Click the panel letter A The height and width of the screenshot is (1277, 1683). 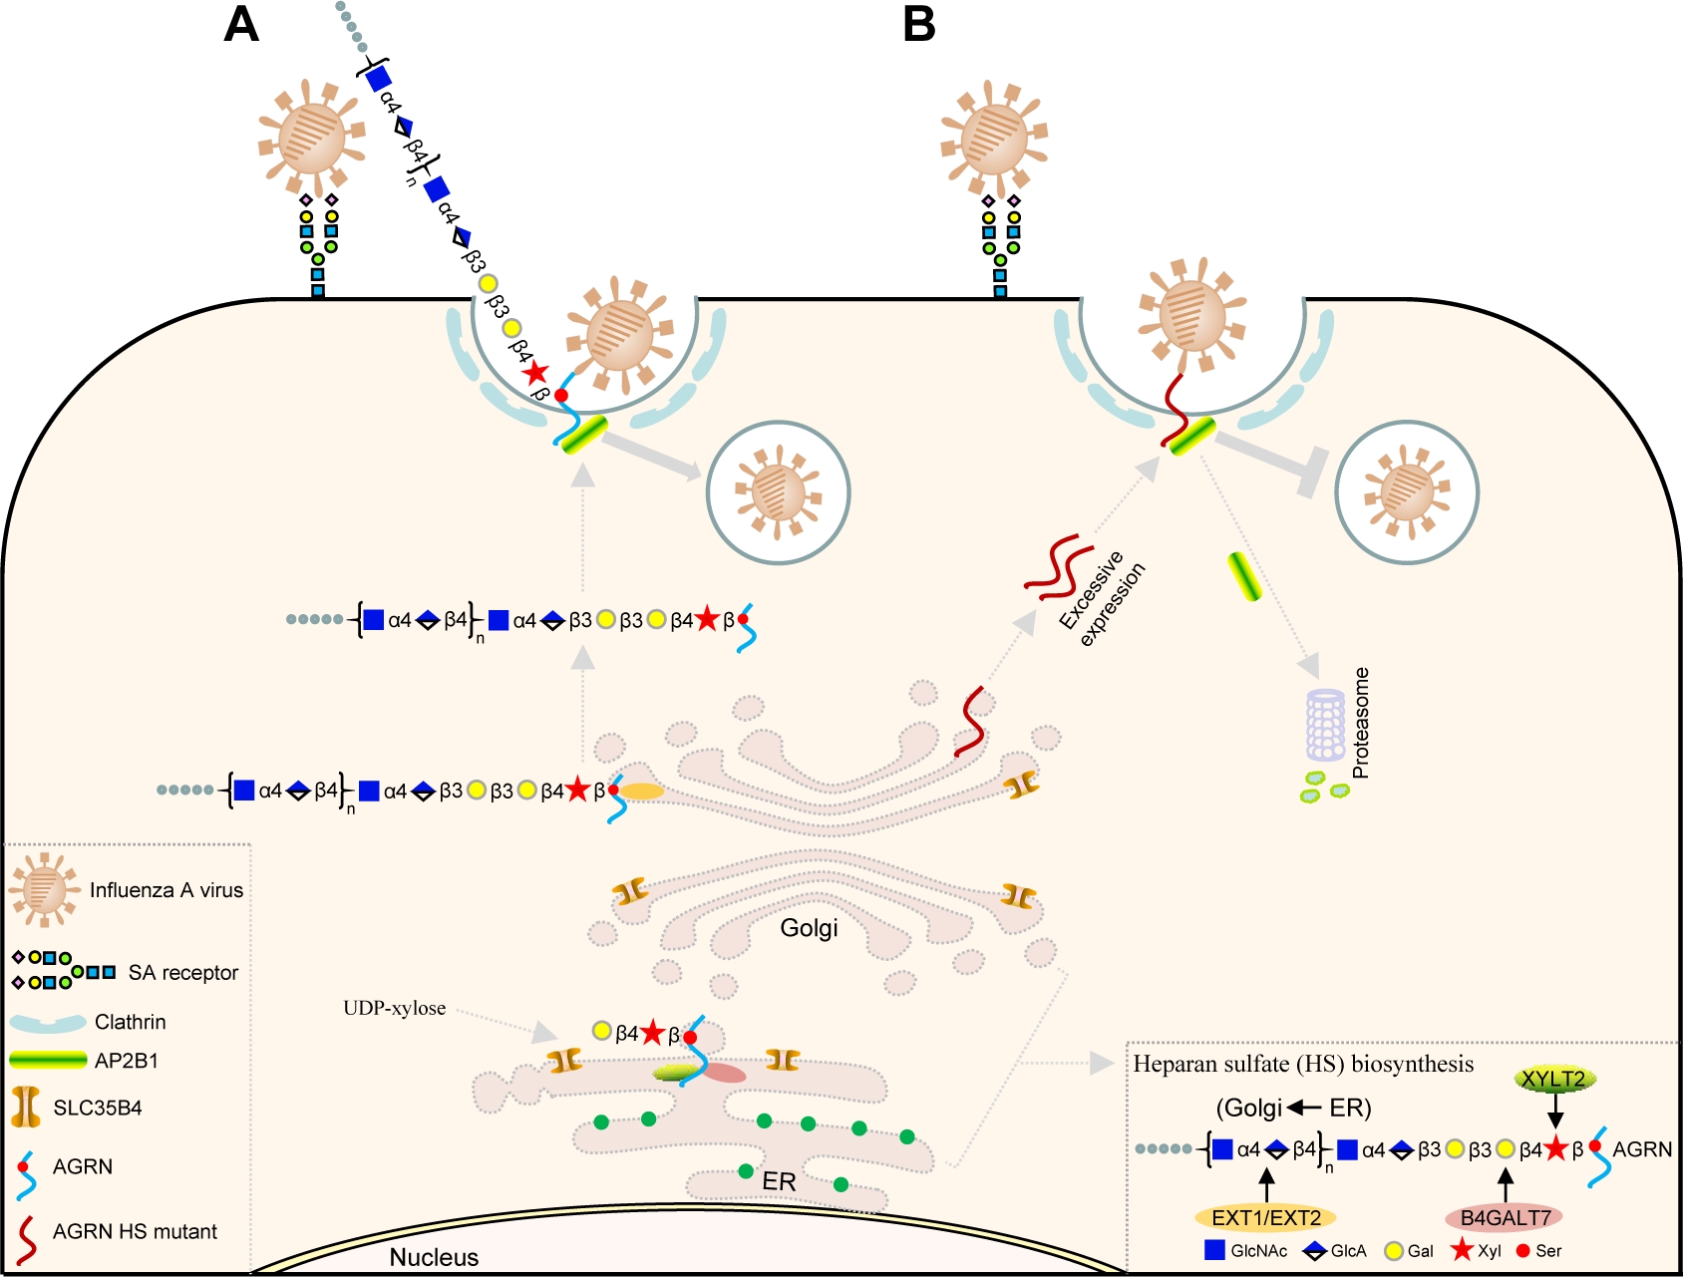tap(241, 24)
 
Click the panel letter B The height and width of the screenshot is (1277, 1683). tap(918, 24)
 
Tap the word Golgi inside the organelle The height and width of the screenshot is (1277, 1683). tap(809, 928)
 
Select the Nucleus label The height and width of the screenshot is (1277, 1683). tap(434, 1257)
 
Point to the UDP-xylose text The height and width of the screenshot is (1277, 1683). tap(394, 1008)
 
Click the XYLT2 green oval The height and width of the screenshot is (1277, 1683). tap(1553, 1079)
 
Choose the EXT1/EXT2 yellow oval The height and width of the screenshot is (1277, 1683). tap(1265, 1217)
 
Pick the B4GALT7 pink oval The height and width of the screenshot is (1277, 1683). tap(1505, 1217)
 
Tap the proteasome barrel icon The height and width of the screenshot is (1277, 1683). tap(1326, 725)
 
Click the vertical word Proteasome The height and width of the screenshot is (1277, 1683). tap(1361, 723)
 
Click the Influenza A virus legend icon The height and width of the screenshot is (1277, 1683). tap(43, 889)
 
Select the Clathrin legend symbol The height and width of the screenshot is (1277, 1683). tap(48, 1023)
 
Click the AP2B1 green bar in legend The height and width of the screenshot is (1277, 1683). tap(48, 1060)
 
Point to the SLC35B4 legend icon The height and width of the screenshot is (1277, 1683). tap(26, 1108)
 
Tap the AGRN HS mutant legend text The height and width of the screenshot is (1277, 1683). tap(135, 1232)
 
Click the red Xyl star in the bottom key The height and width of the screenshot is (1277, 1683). tap(1462, 1250)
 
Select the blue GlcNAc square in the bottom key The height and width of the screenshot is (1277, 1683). tap(1214, 1250)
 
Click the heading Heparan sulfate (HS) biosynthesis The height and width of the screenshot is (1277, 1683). tap(1303, 1065)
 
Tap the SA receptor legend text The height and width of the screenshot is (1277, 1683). tap(183, 973)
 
